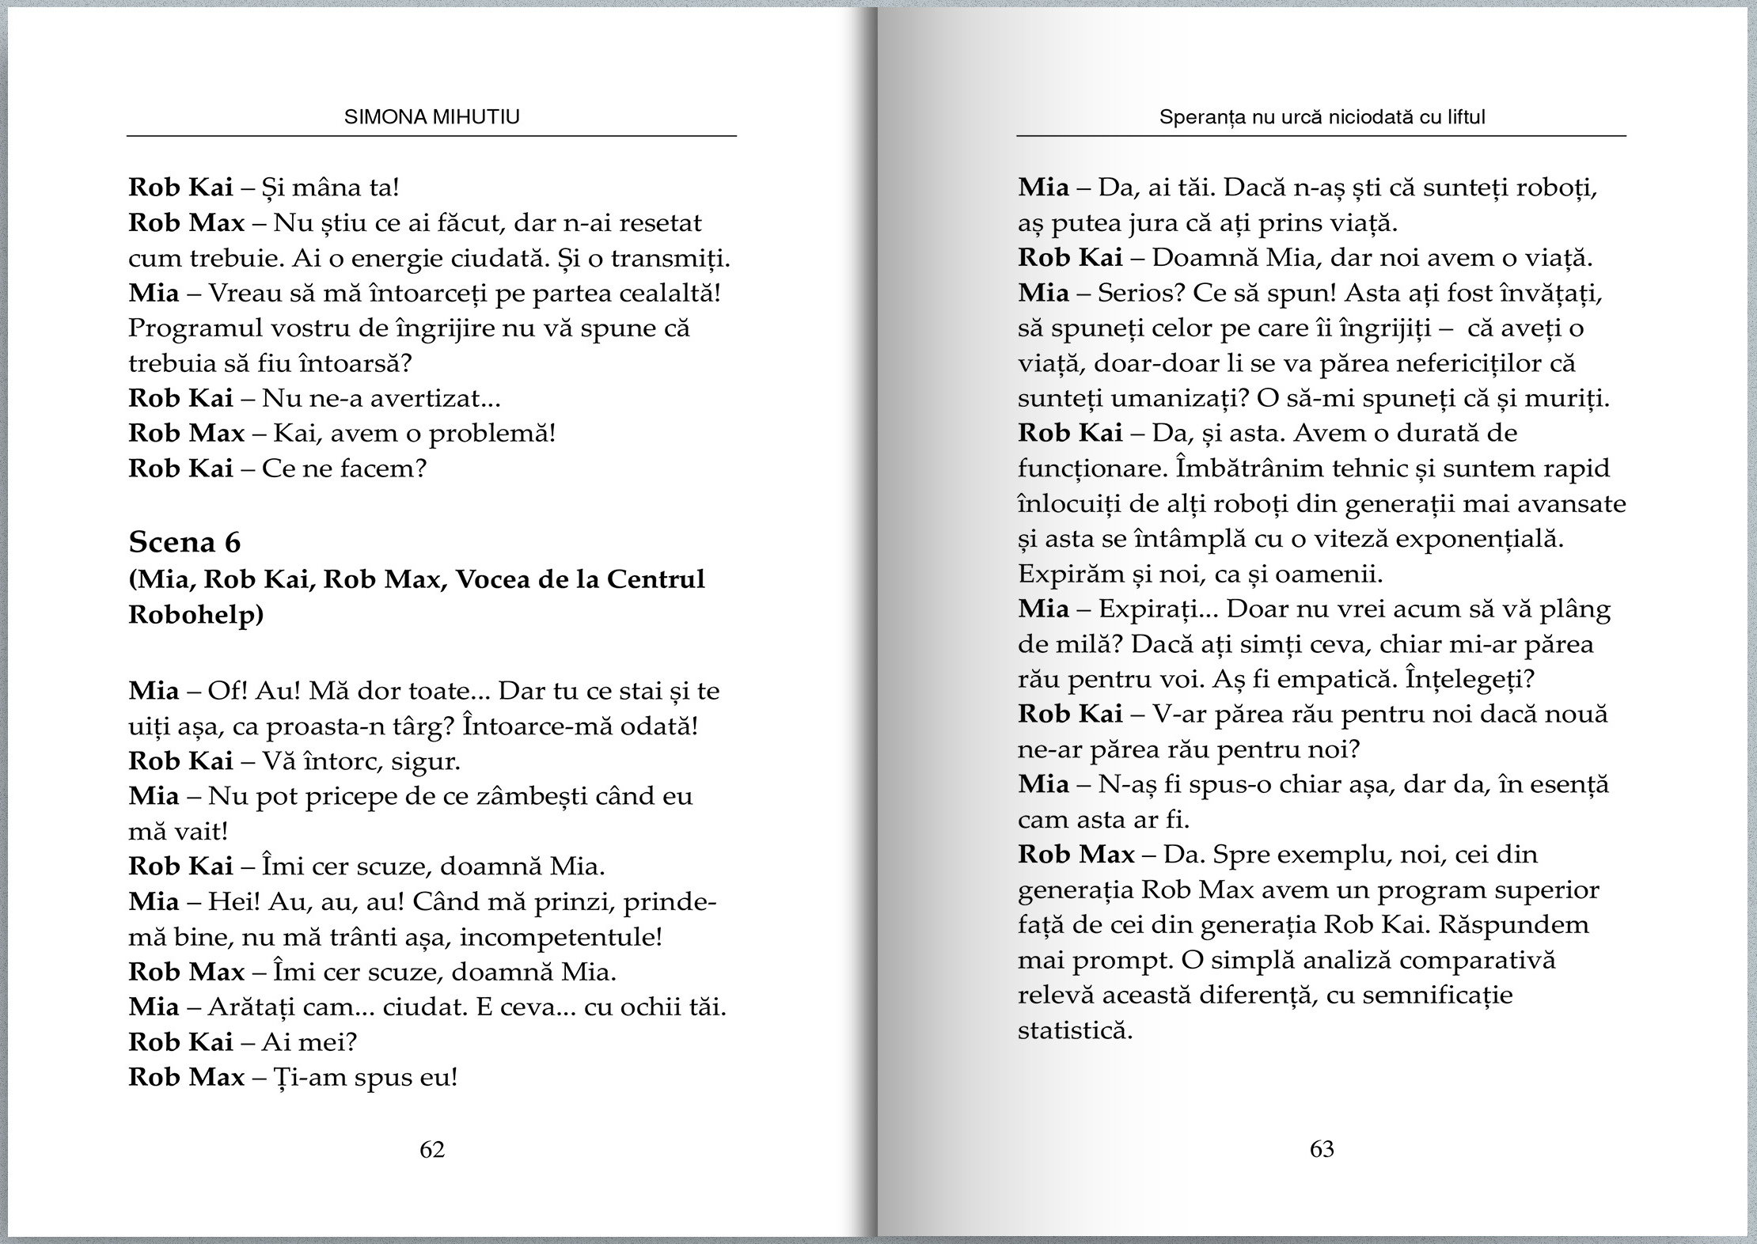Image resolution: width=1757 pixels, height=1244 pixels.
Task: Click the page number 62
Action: (432, 1149)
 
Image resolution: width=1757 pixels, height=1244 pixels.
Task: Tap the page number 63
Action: (1322, 1149)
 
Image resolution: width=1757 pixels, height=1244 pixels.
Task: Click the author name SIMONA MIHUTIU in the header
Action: (432, 117)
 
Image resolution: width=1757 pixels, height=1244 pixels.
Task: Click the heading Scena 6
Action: (184, 542)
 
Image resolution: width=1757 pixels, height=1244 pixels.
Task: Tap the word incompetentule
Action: (560, 937)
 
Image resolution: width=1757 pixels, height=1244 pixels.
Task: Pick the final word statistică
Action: (1075, 1030)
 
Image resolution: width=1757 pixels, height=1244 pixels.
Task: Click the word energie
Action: (372, 259)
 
